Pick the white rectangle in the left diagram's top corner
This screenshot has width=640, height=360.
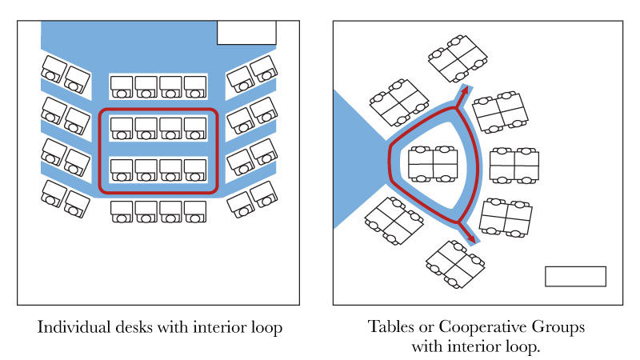pos(246,33)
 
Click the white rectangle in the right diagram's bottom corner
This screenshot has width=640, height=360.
pos(575,276)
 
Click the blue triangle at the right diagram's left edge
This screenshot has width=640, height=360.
pos(352,160)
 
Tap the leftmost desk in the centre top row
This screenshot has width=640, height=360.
pos(122,85)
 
